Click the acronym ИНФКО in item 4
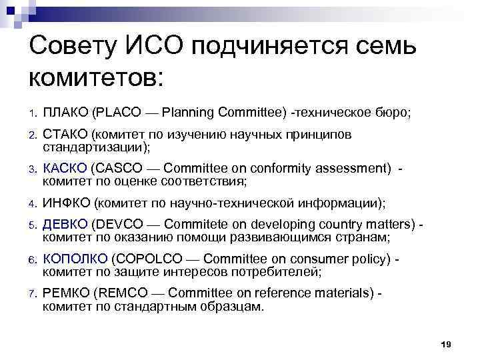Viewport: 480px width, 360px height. [x=67, y=203]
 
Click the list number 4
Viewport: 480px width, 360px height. [x=31, y=203]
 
